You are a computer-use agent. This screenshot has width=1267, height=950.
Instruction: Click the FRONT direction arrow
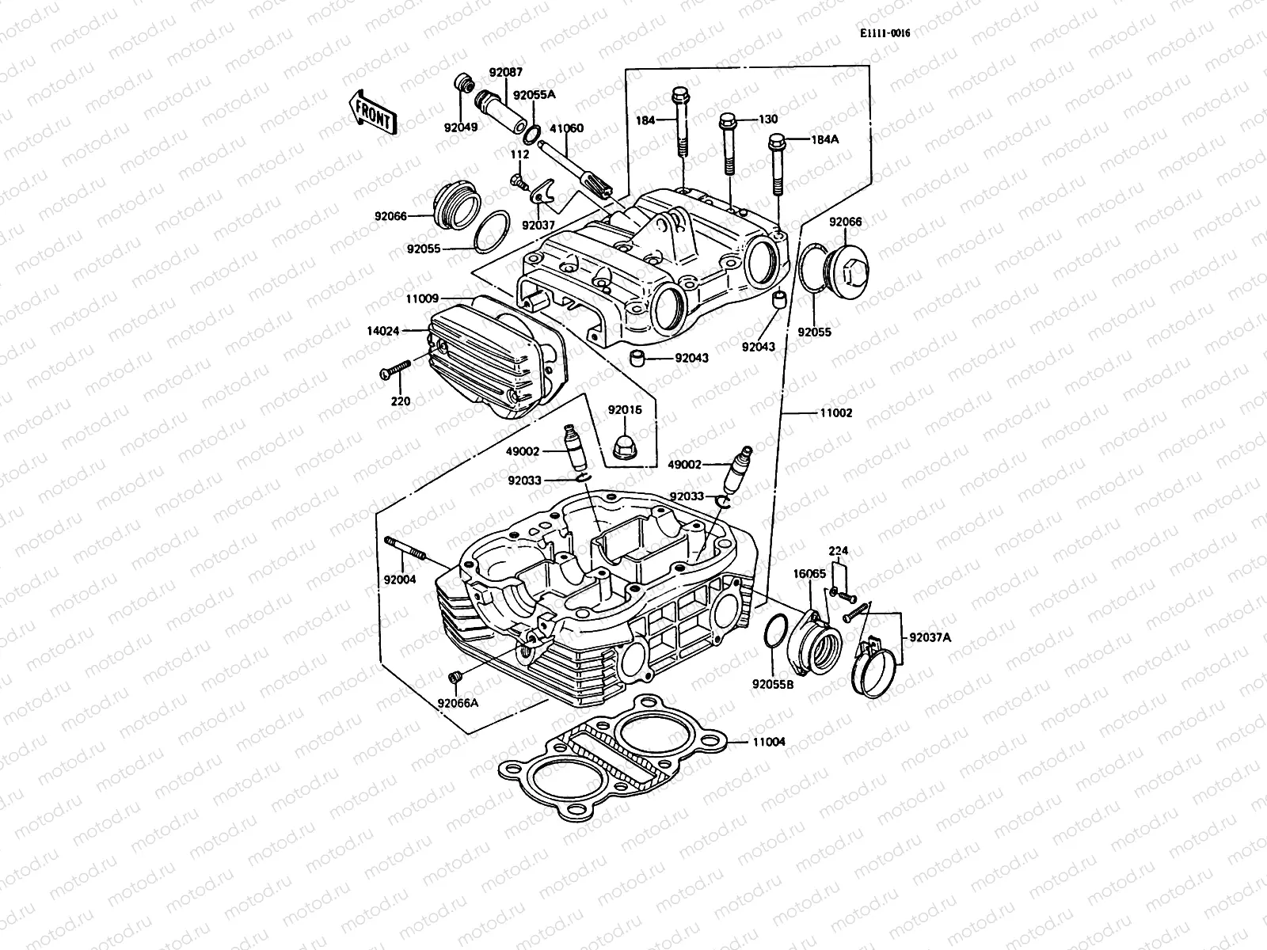[371, 112]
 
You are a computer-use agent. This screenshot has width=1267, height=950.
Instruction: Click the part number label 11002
[836, 413]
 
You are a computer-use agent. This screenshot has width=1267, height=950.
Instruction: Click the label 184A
[823, 139]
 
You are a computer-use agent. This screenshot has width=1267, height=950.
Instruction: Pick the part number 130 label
[768, 120]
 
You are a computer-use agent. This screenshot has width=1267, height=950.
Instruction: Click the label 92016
[625, 410]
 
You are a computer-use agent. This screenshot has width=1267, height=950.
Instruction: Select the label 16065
[809, 573]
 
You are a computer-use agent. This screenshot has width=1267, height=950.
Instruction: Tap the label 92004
[400, 579]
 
